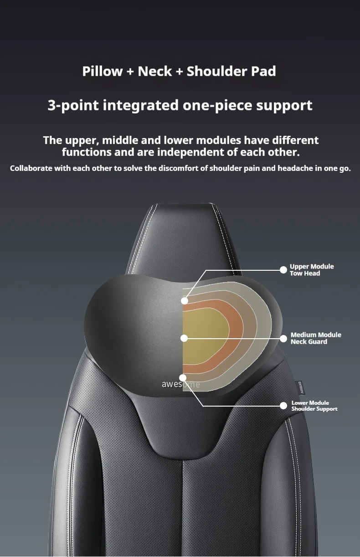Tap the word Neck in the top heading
(154, 71)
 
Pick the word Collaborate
(31, 168)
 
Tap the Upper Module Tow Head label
(312, 270)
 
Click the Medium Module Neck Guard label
(315, 338)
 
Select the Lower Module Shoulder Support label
(314, 406)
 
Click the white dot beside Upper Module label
(283, 270)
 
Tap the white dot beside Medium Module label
(283, 338)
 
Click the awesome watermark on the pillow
(180, 384)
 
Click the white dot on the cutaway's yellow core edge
(184, 338)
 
